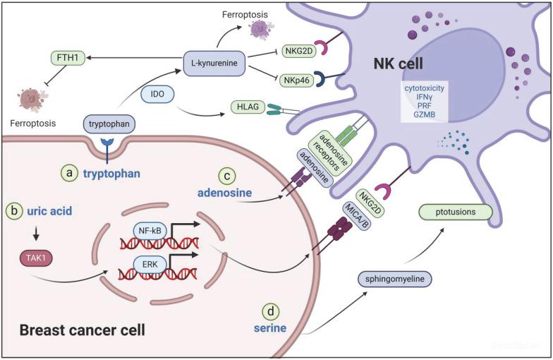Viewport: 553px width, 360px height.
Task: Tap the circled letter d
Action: point(269,310)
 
